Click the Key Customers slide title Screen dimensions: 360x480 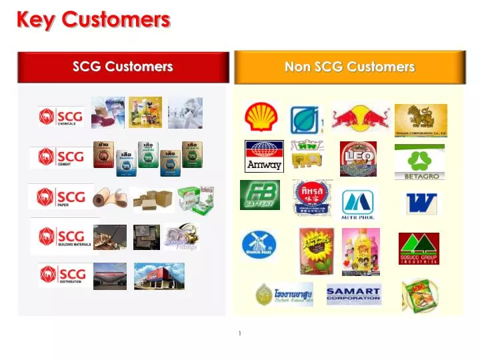(93, 19)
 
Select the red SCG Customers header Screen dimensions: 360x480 (123, 67)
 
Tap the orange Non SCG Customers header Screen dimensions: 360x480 (349, 67)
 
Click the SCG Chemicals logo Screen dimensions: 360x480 (61, 117)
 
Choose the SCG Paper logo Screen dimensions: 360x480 (61, 197)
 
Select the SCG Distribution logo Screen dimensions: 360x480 (62, 275)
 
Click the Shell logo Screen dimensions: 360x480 (258, 117)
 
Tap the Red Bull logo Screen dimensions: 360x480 (361, 119)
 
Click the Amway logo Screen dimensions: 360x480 (264, 155)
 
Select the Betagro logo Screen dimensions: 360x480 (419, 162)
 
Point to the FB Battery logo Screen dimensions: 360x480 (260, 195)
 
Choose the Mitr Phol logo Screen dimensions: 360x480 (358, 204)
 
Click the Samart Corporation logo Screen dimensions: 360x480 (353, 294)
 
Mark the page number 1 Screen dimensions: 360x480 (239, 333)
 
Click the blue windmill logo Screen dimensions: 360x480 (259, 245)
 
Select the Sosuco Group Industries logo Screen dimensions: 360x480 (419, 248)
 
